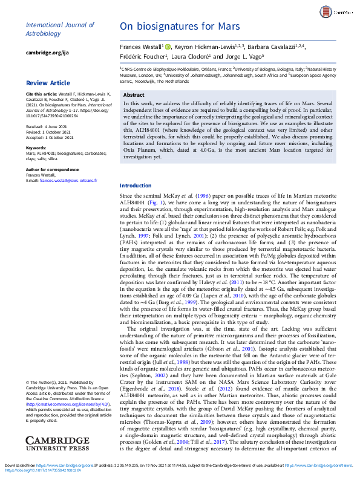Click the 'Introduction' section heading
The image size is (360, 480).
pyautogui.click(x=136, y=185)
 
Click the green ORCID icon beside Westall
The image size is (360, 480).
pyautogui.click(x=168, y=46)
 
